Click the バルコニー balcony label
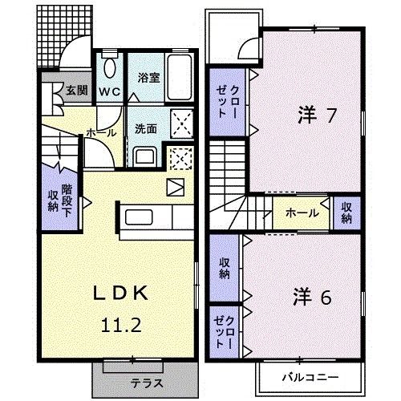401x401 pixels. [x=310, y=375]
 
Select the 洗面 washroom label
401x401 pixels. [x=146, y=128]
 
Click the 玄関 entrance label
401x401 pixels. [x=76, y=90]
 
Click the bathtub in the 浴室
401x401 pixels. [x=178, y=78]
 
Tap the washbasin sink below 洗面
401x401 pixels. [x=146, y=156]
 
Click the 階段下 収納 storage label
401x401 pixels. [x=59, y=200]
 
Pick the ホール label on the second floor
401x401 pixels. [x=302, y=213]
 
